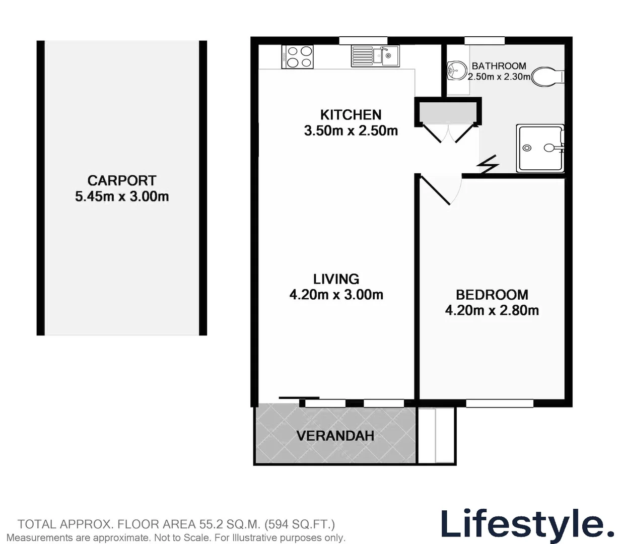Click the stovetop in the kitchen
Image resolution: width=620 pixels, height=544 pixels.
(297, 56)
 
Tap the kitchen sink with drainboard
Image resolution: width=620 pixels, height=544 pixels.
(375, 56)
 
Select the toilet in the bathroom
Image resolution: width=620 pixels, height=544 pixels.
(548, 77)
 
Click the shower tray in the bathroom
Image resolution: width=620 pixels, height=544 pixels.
(540, 148)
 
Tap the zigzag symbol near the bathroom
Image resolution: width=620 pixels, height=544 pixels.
(488, 164)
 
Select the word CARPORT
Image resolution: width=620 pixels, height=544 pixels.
(122, 180)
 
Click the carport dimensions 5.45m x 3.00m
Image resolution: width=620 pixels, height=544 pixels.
(122, 196)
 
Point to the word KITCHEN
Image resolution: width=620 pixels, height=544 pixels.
(351, 115)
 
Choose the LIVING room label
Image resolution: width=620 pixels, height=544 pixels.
(336, 279)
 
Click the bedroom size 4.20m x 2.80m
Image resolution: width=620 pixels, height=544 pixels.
(492, 310)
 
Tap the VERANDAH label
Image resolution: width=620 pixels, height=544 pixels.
(335, 436)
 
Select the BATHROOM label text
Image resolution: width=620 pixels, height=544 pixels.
(499, 66)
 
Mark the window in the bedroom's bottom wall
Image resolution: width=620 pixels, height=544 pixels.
(500, 403)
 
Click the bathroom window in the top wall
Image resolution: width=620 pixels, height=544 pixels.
(485, 41)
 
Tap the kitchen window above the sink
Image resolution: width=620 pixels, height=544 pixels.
(363, 41)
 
